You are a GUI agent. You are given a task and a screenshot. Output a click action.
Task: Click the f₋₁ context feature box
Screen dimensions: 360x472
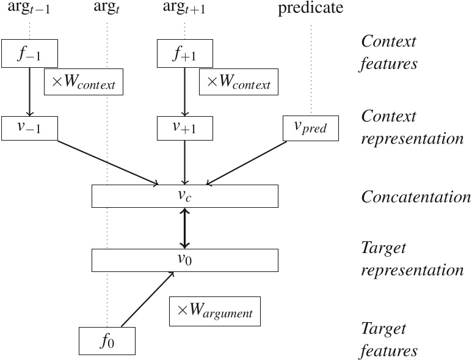click(x=29, y=53)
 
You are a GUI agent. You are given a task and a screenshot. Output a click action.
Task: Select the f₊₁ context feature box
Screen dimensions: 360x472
click(x=185, y=53)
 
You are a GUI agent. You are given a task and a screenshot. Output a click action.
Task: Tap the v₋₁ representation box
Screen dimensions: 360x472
click(x=29, y=127)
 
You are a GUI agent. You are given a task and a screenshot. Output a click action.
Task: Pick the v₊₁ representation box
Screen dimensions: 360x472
click(x=185, y=127)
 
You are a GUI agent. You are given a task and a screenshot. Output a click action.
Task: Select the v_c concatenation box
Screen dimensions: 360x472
click(x=184, y=196)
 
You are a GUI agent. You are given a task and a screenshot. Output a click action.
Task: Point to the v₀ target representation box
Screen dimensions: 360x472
click(x=184, y=260)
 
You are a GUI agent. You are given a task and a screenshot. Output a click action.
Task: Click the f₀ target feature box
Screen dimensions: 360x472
click(x=107, y=341)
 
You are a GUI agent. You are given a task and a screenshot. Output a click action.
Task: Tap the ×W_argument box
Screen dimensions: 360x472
click(x=214, y=311)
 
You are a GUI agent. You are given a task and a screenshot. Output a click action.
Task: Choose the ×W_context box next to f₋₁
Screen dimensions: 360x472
click(x=84, y=82)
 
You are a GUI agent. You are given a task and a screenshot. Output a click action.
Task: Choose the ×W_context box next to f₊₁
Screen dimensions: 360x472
click(x=239, y=82)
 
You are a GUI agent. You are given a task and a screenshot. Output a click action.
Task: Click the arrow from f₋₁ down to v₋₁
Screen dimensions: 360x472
click(x=29, y=90)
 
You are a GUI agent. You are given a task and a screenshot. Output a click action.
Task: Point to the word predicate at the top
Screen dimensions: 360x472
click(x=311, y=8)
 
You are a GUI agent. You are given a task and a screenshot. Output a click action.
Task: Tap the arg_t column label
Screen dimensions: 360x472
click(x=107, y=9)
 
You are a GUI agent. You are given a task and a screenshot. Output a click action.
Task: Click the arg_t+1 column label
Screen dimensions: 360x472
click(x=185, y=9)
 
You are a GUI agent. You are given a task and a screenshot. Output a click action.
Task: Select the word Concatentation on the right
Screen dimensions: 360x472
click(x=416, y=197)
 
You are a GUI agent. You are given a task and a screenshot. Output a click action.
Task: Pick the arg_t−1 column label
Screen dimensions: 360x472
click(x=29, y=9)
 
